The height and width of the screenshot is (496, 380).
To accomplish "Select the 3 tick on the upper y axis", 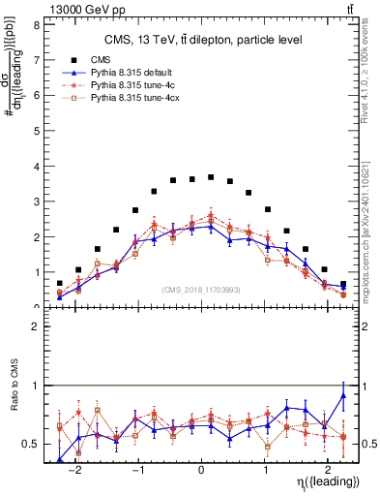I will [x=35, y=201].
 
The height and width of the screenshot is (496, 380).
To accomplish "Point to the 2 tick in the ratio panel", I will [x=35, y=327].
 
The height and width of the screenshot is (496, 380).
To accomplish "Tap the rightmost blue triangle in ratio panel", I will [x=343, y=395].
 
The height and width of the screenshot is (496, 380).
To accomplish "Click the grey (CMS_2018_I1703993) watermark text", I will [x=201, y=288].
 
